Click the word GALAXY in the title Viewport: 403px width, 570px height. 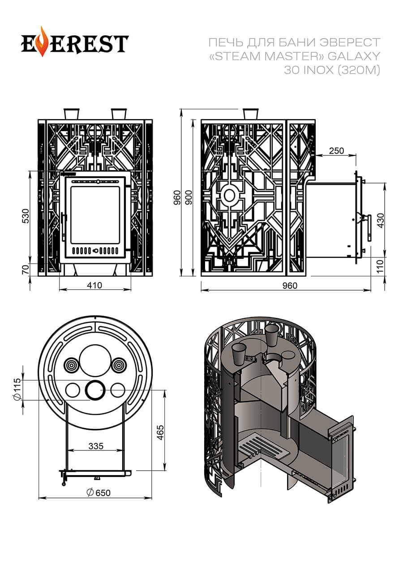tap(357, 56)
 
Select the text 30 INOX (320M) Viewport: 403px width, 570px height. tap(332, 70)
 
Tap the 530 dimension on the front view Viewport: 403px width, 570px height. tap(26, 216)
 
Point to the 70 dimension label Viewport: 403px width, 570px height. tap(26, 269)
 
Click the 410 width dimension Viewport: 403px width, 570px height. tap(94, 285)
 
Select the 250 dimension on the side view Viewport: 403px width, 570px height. tap(336, 151)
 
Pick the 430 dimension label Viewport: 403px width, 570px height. tap(381, 220)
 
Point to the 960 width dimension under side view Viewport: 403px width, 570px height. tap(290, 286)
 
